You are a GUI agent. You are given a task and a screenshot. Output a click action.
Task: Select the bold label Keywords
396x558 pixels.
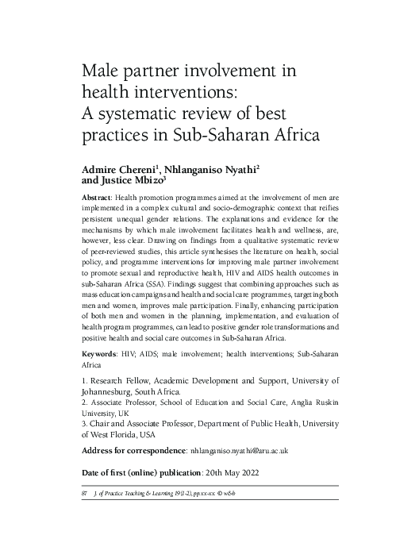tap(105, 352)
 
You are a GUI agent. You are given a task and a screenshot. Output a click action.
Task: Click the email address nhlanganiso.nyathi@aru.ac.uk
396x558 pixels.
tap(247, 450)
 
